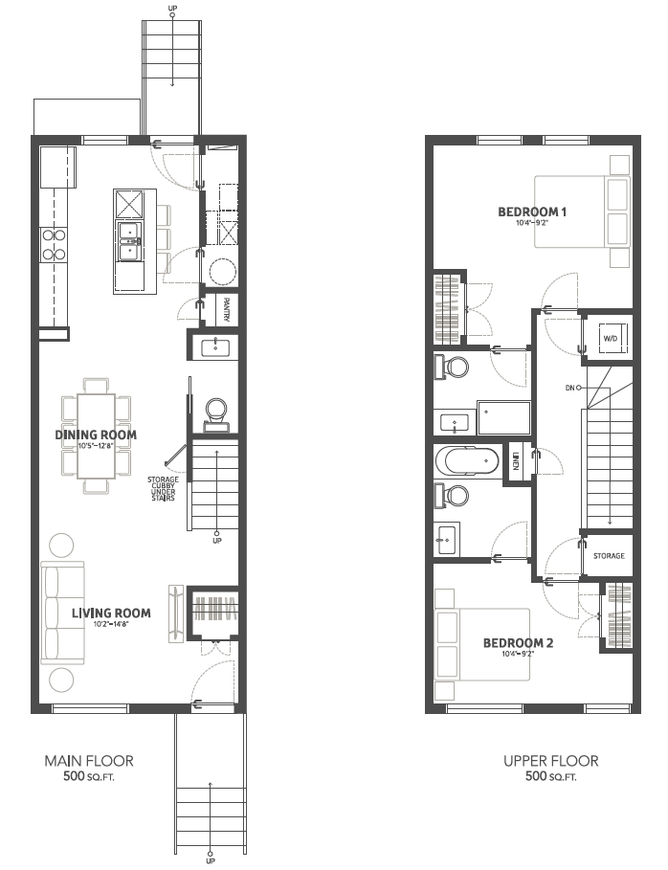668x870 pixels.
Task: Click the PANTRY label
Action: tap(227, 308)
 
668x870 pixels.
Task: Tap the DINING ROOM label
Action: tap(96, 435)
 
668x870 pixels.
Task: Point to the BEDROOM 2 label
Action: tap(518, 643)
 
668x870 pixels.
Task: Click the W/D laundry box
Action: tap(610, 338)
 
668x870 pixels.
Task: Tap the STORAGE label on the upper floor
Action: tap(609, 556)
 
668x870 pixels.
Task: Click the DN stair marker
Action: tap(569, 388)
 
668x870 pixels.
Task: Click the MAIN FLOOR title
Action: tap(89, 761)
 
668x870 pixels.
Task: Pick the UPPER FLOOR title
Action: tap(551, 761)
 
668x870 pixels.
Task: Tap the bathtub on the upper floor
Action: tap(467, 461)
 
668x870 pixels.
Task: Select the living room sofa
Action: tap(63, 613)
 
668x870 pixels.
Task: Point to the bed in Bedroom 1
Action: tap(582, 212)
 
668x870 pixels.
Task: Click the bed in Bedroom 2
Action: tap(482, 644)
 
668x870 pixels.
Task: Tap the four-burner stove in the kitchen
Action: tap(54, 245)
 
